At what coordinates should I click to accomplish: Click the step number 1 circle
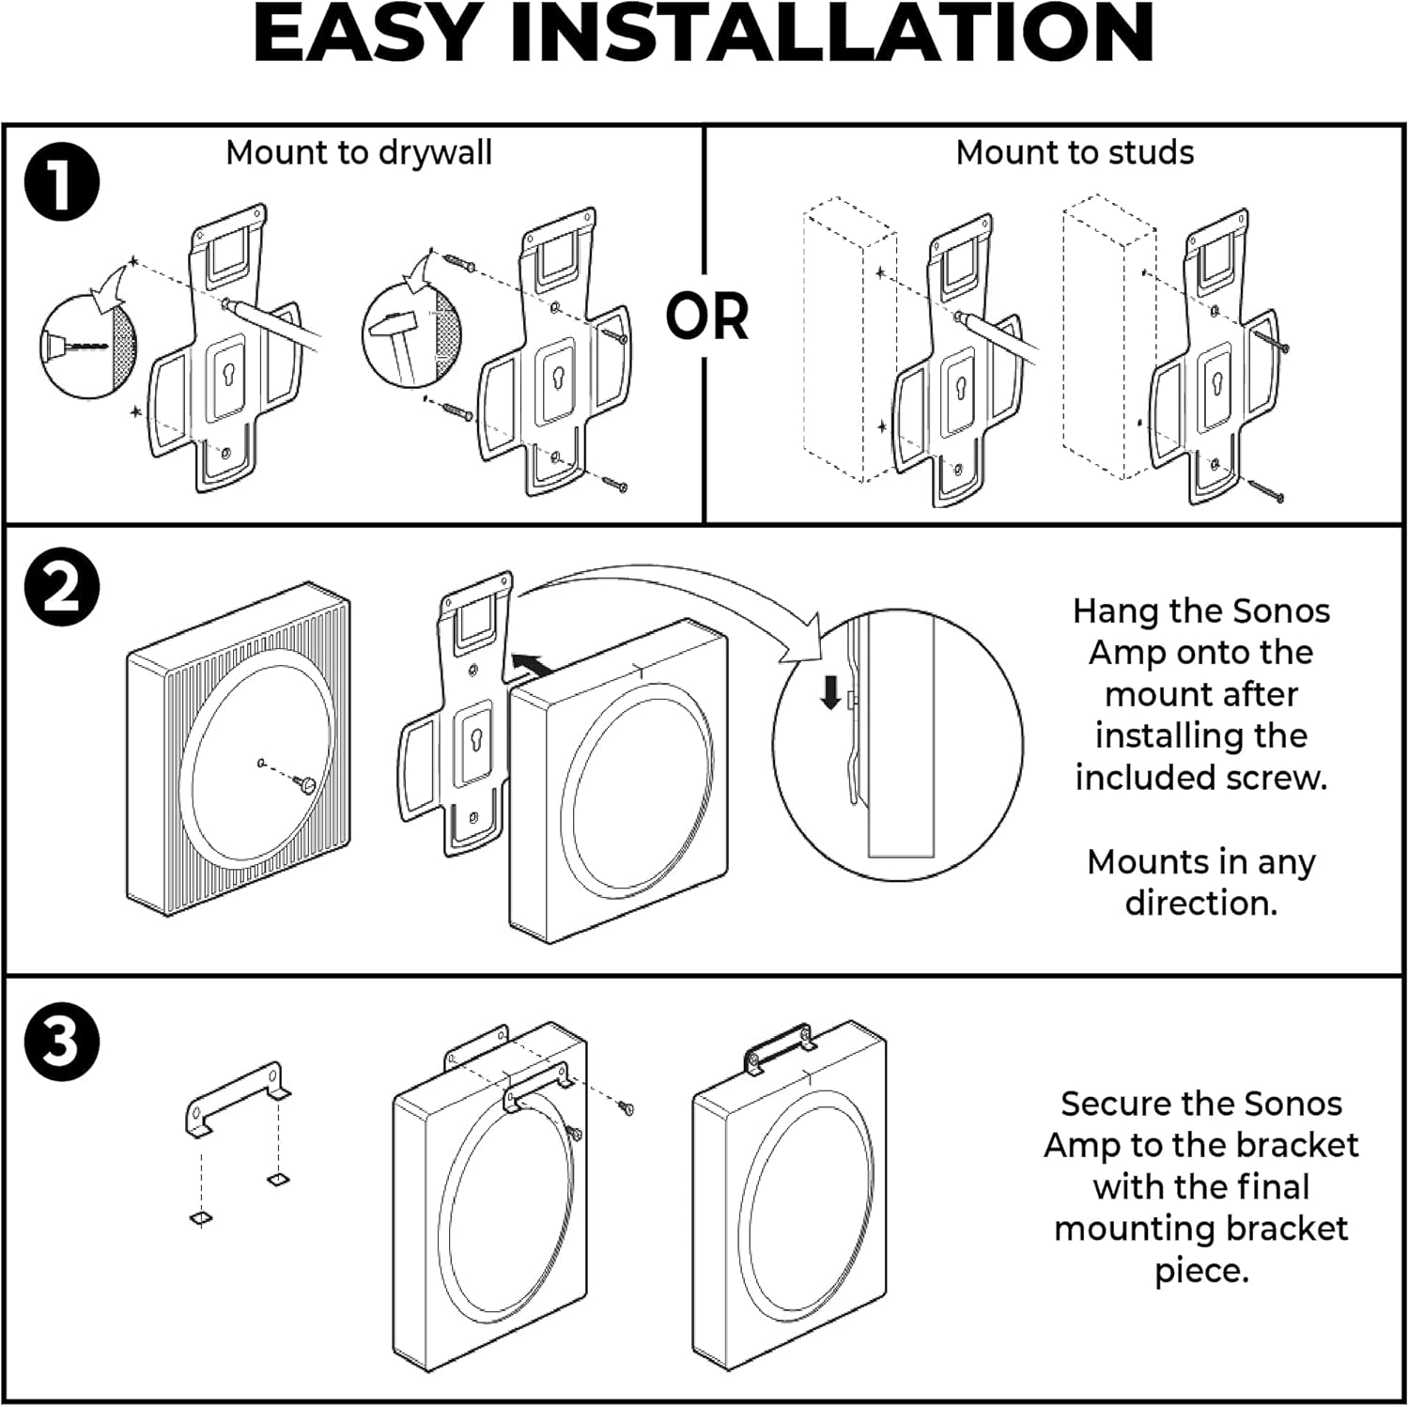tap(62, 182)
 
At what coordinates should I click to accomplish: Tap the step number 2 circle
tap(62, 589)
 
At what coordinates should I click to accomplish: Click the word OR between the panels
tap(707, 317)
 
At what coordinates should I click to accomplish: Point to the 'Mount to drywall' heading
tap(359, 152)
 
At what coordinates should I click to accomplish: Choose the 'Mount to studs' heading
tap(1075, 152)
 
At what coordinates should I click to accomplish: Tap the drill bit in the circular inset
tap(80, 347)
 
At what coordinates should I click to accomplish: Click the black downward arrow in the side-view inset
tap(830, 694)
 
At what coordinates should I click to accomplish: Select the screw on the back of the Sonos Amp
tap(303, 783)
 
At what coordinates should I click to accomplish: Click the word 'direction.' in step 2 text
tap(1200, 903)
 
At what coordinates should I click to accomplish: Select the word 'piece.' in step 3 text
tap(1200, 1270)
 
